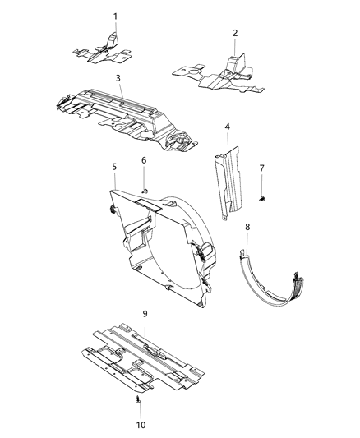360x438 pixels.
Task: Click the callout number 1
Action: (115, 16)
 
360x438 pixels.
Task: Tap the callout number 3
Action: (118, 78)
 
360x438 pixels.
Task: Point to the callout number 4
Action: (228, 127)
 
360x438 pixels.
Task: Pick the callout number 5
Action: (114, 167)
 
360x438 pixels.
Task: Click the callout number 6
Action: (143, 160)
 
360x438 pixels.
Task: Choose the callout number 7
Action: (262, 168)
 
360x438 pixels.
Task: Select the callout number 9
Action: (145, 313)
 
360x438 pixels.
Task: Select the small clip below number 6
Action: (145, 190)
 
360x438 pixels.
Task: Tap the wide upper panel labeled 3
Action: (123, 111)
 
